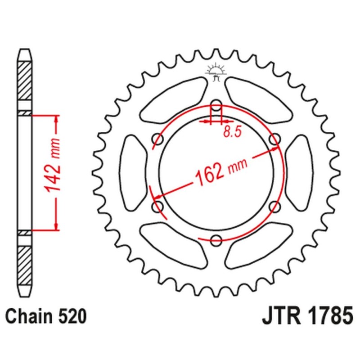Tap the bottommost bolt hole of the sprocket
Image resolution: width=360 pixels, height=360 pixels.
pyautogui.click(x=216, y=239)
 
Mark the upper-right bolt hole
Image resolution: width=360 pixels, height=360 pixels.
pyautogui.click(x=274, y=139)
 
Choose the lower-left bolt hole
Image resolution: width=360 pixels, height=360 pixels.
pyautogui.click(x=157, y=207)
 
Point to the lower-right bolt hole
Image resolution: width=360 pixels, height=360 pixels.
pyautogui.click(x=274, y=207)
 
